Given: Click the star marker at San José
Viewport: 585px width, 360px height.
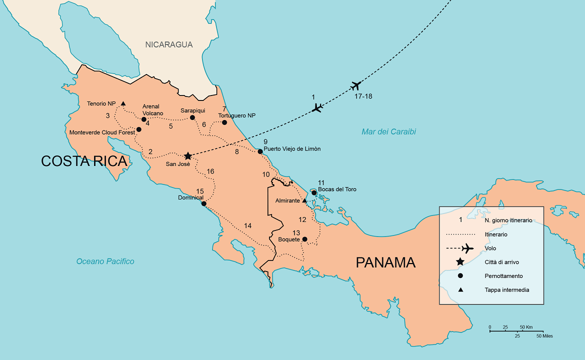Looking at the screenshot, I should pyautogui.click(x=188, y=156).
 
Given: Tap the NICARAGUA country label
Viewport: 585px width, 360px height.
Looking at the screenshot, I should pyautogui.click(x=169, y=44).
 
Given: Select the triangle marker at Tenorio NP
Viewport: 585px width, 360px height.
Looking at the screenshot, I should pyautogui.click(x=123, y=103).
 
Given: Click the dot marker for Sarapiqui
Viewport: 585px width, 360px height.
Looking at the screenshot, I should pyautogui.click(x=192, y=118).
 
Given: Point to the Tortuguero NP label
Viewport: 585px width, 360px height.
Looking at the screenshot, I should pyautogui.click(x=236, y=115).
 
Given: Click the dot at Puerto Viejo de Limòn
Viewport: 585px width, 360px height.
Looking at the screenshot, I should pyautogui.click(x=260, y=151).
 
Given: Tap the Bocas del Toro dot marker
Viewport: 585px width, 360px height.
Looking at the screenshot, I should pyautogui.click(x=314, y=192).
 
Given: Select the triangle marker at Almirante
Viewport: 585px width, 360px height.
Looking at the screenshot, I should pyautogui.click(x=304, y=200).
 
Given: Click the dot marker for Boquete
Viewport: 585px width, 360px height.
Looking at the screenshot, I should pyautogui.click(x=304, y=239).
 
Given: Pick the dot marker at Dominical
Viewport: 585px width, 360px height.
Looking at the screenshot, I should pyautogui.click(x=203, y=203).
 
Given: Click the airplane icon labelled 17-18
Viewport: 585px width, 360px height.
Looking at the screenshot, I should pyautogui.click(x=356, y=85).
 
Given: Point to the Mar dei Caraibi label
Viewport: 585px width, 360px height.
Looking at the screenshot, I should pyautogui.click(x=388, y=132).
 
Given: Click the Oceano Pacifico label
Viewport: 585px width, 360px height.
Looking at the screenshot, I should pyautogui.click(x=105, y=261).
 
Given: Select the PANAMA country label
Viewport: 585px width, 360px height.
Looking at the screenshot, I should pyautogui.click(x=385, y=262).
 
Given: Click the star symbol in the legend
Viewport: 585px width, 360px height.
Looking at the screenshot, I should pyautogui.click(x=460, y=262).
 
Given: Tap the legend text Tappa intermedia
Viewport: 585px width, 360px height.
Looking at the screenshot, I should pyautogui.click(x=506, y=289).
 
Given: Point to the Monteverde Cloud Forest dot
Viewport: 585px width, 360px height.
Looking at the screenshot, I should pyautogui.click(x=139, y=129).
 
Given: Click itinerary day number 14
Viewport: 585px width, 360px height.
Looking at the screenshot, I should pyautogui.click(x=247, y=226).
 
